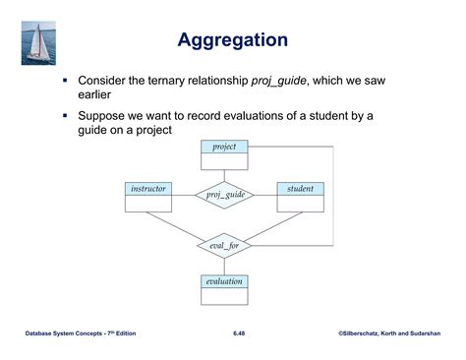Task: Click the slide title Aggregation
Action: click(233, 40)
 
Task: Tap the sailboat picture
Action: click(38, 43)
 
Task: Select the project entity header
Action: click(224, 147)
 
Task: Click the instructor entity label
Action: click(148, 189)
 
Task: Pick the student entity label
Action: click(300, 189)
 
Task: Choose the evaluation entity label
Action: click(224, 281)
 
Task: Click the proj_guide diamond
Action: click(225, 195)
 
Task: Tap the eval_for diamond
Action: click(224, 246)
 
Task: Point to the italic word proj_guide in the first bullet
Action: click(279, 81)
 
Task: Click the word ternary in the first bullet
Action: click(166, 81)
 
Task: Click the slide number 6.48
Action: click(239, 333)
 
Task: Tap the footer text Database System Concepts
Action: click(64, 333)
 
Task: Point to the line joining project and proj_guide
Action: click(224, 176)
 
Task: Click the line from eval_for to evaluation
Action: click(224, 267)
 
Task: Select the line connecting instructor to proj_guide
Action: click(184, 196)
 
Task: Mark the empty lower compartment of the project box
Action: click(224, 161)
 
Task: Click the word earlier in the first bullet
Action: click(94, 94)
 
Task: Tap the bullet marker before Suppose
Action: click(65, 115)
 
